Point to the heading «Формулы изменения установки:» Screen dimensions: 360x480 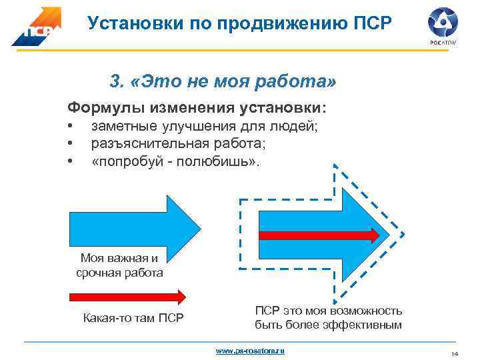(x=197, y=107)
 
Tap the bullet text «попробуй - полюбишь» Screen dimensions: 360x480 (x=176, y=161)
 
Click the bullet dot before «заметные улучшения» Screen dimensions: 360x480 (x=69, y=127)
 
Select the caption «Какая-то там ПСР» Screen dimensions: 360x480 (x=133, y=317)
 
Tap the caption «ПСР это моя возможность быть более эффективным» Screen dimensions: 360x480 (x=328, y=318)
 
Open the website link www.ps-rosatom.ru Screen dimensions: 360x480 (x=249, y=350)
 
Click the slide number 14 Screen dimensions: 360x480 (x=455, y=353)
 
